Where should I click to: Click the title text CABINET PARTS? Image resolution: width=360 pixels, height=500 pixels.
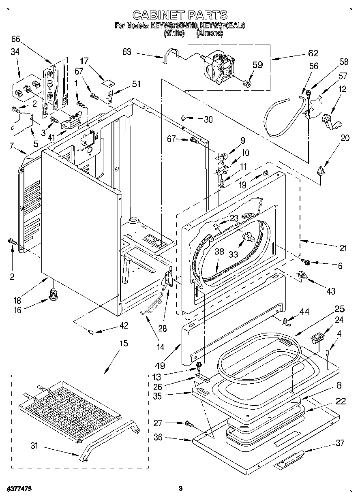click(x=180, y=15)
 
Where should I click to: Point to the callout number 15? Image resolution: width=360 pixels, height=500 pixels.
click(x=123, y=344)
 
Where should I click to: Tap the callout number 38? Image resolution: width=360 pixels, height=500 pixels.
click(x=219, y=251)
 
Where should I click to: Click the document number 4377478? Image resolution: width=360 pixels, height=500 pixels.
click(x=19, y=489)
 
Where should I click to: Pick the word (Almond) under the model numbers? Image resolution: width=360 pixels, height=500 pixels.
click(x=210, y=34)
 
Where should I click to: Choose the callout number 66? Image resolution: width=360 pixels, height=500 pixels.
click(x=15, y=39)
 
